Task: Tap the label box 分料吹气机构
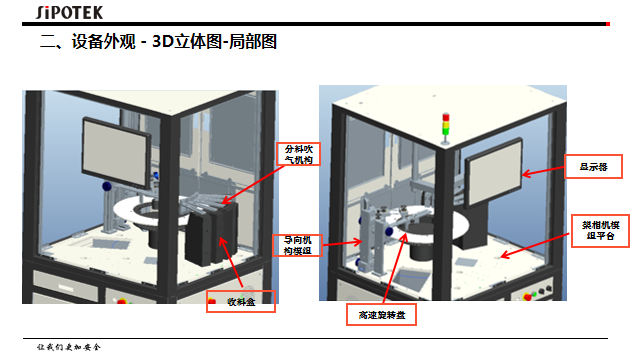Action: (x=299, y=155)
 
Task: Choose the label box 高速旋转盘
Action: (x=380, y=315)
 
